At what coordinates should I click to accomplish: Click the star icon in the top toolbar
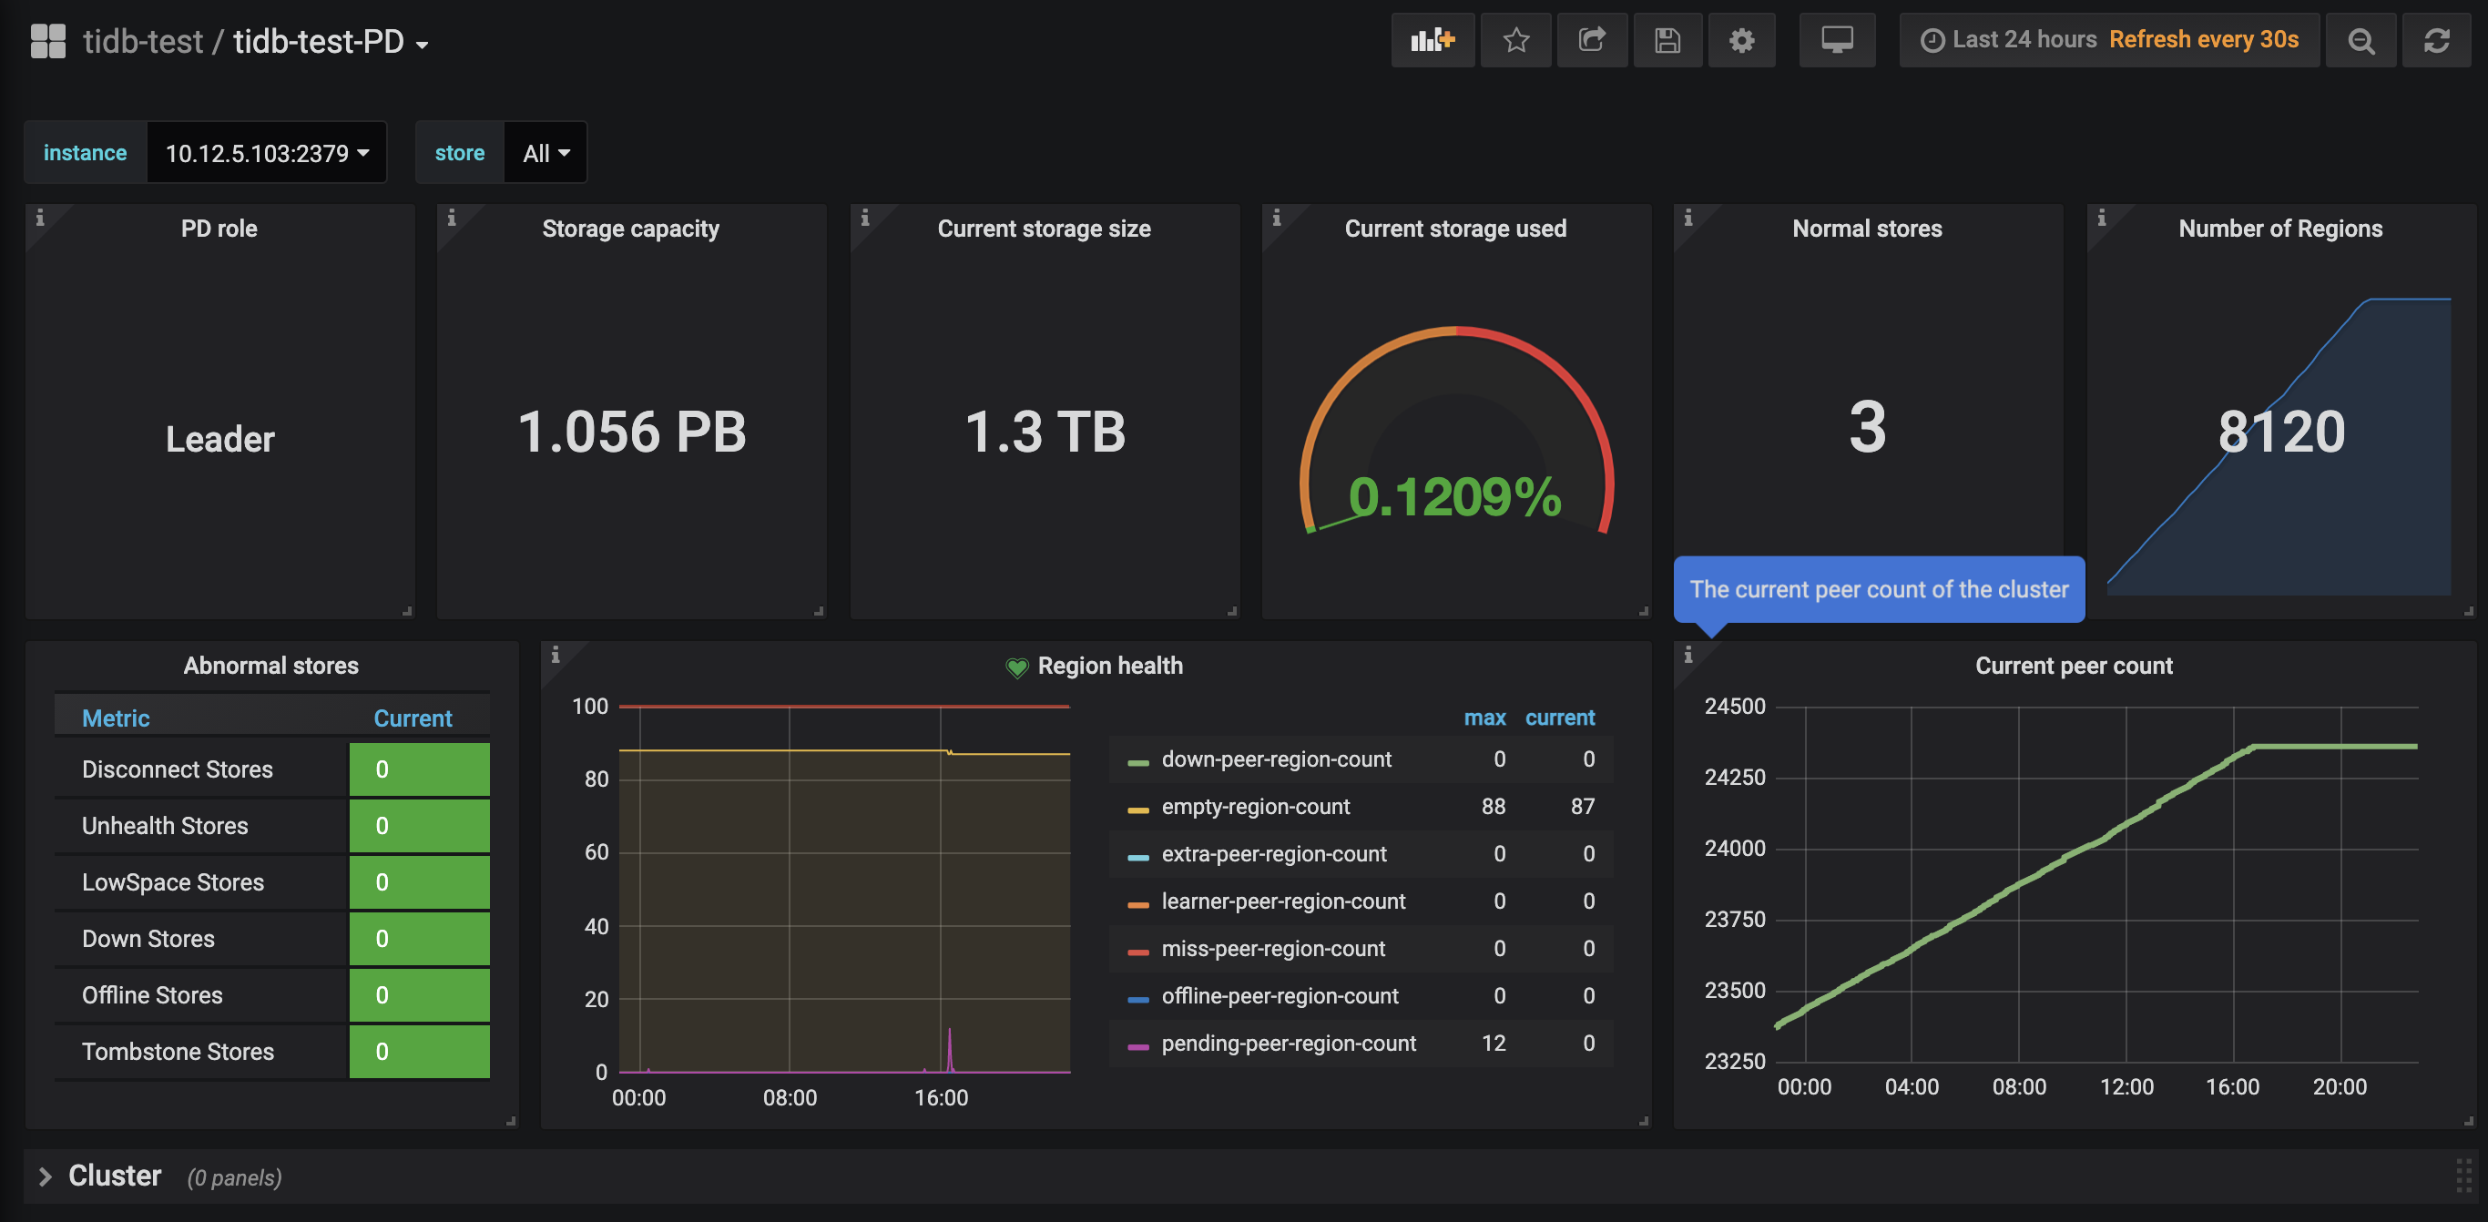pos(1515,41)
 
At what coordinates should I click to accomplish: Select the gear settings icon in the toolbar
pos(1741,41)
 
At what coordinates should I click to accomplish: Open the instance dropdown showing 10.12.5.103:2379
pos(267,153)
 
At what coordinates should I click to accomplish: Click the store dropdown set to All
pos(546,153)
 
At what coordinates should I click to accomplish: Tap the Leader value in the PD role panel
pos(220,440)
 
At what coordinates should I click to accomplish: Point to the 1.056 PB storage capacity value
pos(632,432)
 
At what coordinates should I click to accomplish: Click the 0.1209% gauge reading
pos(1454,496)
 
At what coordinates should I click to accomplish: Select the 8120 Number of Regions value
pos(2281,432)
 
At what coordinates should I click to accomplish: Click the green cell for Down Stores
pos(419,939)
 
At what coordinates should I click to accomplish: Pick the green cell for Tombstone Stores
pos(419,1052)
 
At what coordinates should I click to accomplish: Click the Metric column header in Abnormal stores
pos(116,718)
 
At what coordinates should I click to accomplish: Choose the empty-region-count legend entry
pos(1256,807)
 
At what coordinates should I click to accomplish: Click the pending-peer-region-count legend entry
pos(1289,1044)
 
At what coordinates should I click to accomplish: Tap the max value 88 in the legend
pos(1494,807)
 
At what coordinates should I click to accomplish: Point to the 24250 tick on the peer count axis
pos(1735,778)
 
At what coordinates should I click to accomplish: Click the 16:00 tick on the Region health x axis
pos(942,1097)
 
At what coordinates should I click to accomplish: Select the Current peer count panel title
pos(2074,666)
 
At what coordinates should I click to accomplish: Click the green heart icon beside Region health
pos(1017,667)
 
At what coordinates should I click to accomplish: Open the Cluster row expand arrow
pos(45,1176)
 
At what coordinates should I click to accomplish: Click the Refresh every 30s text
pos(2203,39)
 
